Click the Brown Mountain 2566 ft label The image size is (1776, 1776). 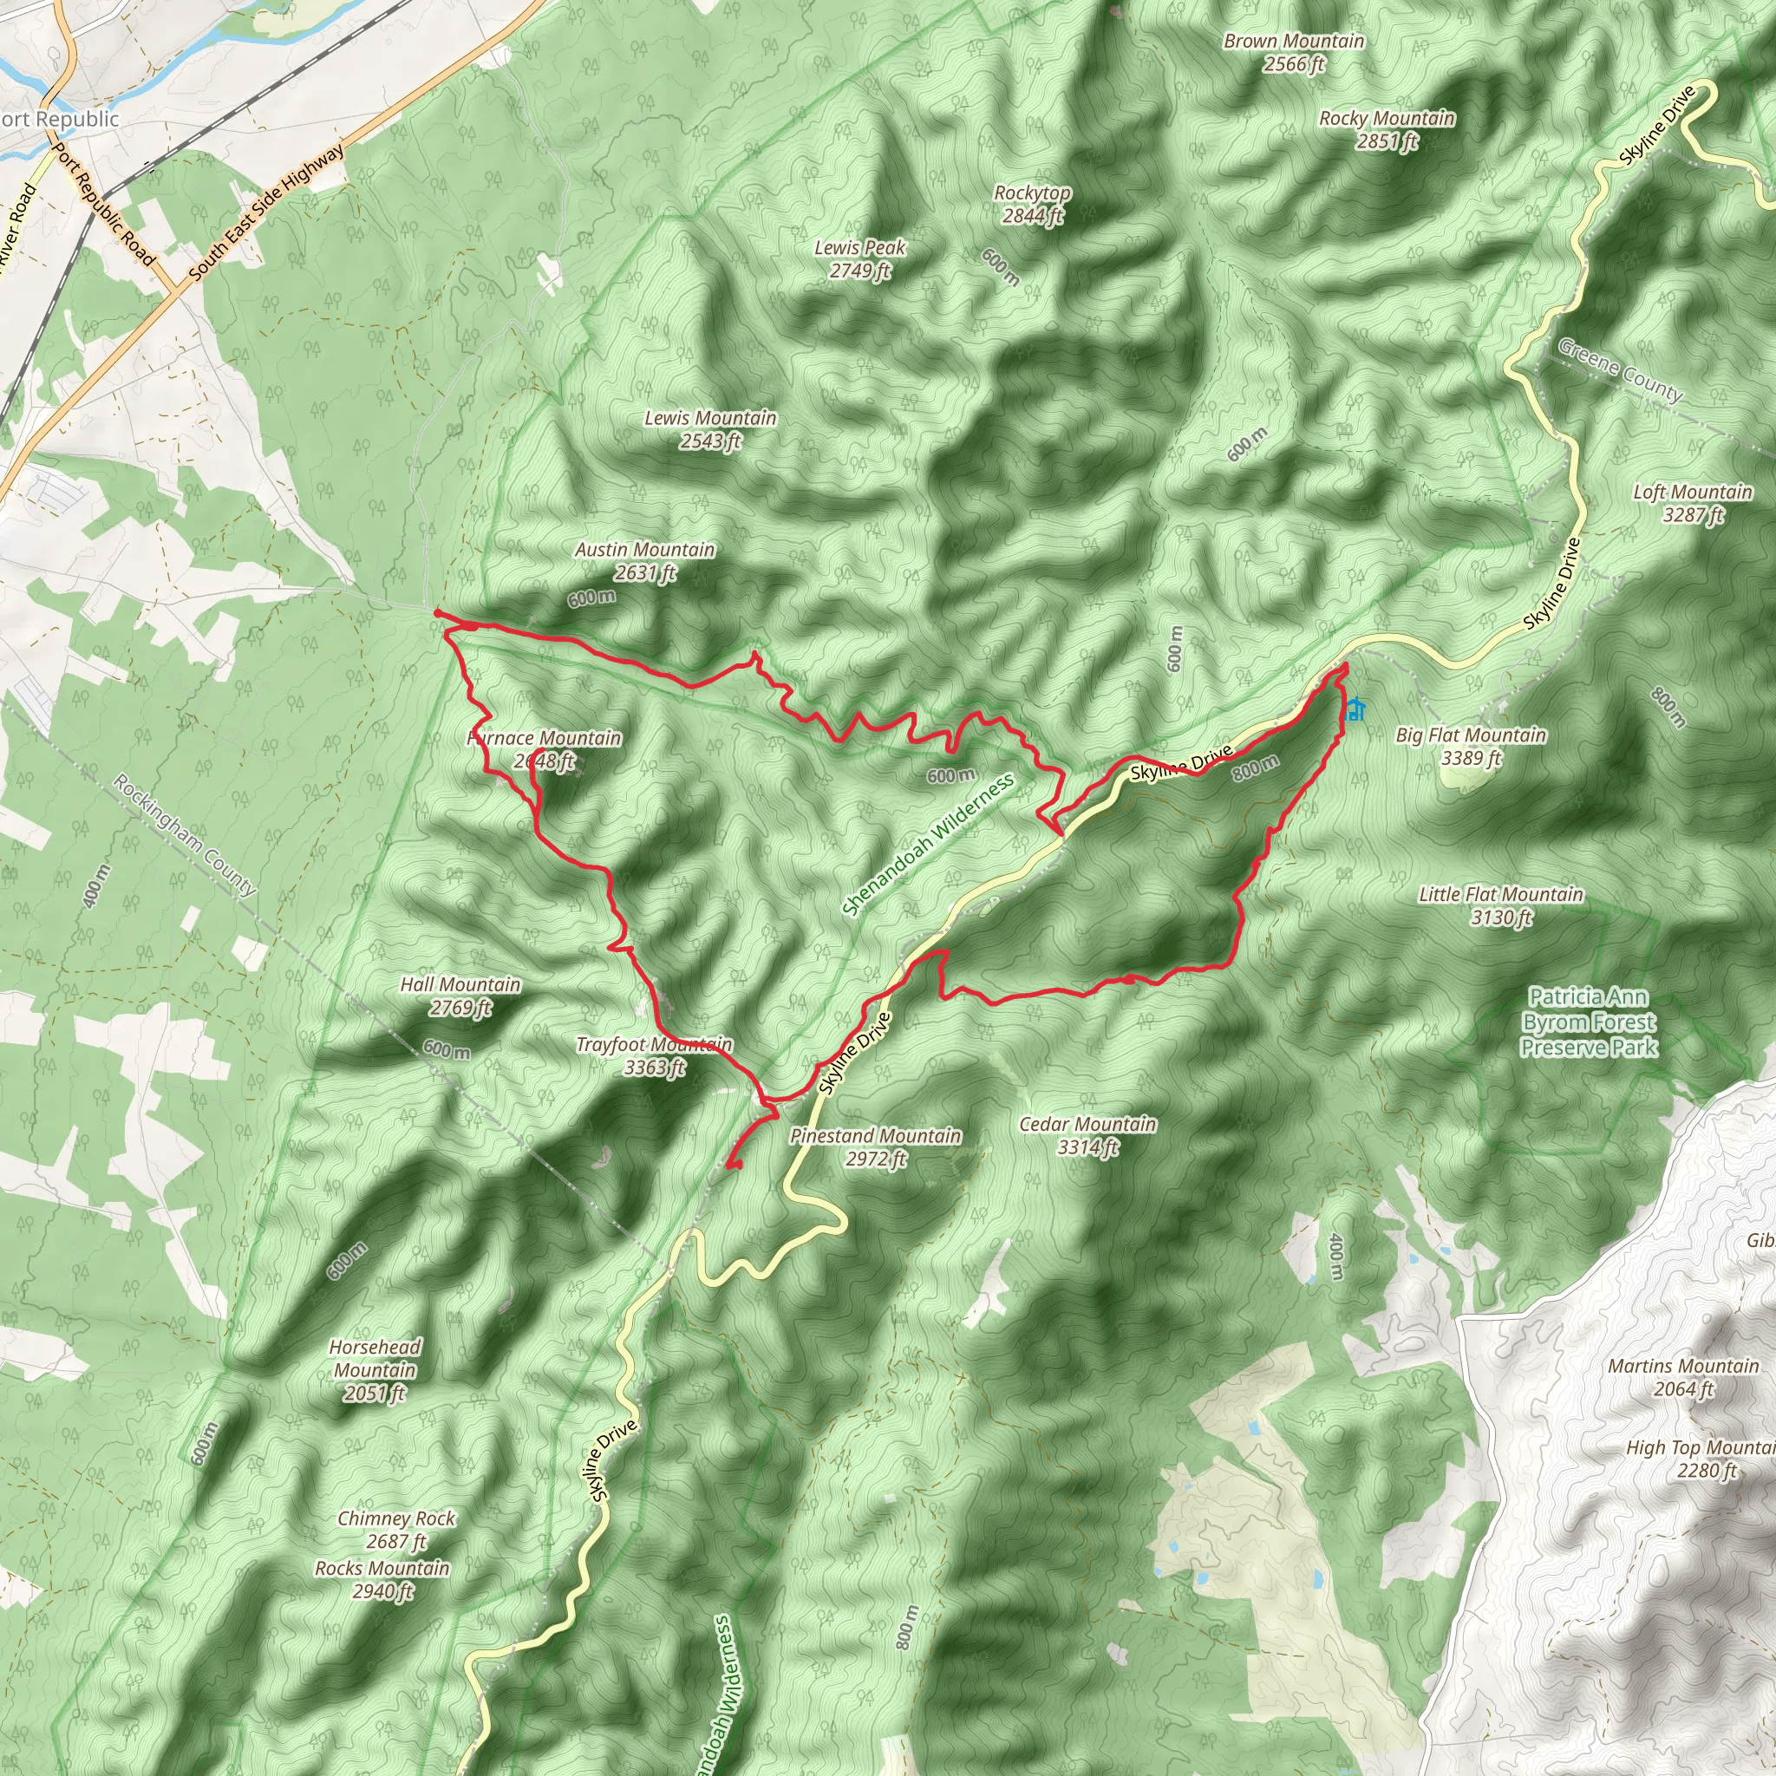coord(1293,52)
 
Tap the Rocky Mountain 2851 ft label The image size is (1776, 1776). coord(1387,129)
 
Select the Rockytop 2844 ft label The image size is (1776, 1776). coord(1032,204)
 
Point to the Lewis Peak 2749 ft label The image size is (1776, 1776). coord(859,258)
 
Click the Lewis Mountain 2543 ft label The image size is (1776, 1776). coord(709,429)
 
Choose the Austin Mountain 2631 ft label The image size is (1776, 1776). coord(644,561)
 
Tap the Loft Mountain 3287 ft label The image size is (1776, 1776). coord(1693,503)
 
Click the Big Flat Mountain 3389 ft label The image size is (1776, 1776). coord(1471,747)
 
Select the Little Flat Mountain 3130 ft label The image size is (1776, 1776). coord(1501,905)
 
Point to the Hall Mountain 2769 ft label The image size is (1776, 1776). coord(460,996)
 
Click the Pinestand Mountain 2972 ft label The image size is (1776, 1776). coord(875,1147)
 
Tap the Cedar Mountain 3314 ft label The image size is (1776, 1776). coord(1087,1135)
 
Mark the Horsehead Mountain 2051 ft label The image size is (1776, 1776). coord(375,1369)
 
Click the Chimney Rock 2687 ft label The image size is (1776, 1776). coord(396,1530)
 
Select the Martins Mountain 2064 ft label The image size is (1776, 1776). coord(1683,1377)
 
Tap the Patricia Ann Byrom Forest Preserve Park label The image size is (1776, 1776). coord(1589,1022)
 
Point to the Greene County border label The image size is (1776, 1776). coord(1621,369)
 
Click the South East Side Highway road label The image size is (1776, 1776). coord(265,212)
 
